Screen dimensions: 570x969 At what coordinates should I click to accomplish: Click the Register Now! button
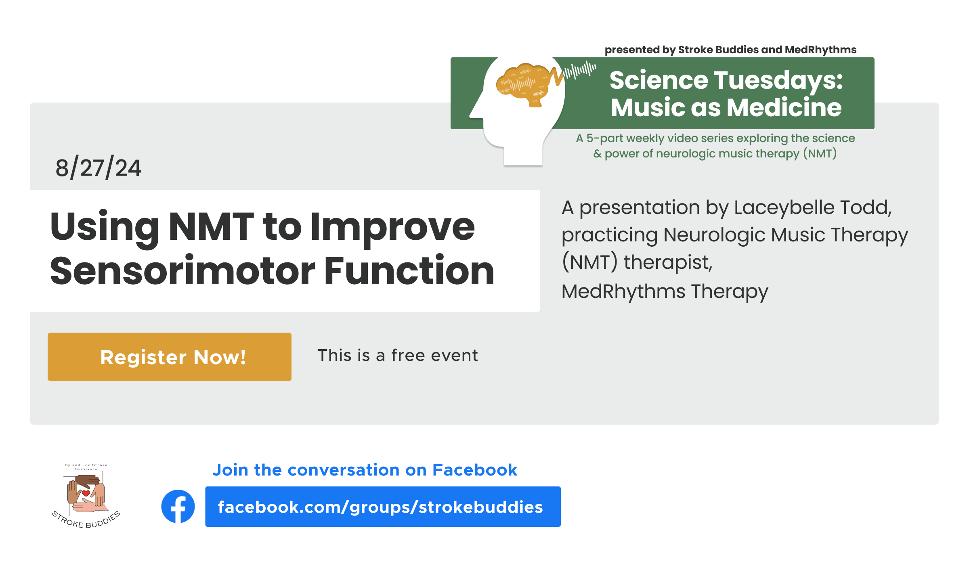coord(170,357)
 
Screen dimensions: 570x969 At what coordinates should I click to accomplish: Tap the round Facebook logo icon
coord(178,506)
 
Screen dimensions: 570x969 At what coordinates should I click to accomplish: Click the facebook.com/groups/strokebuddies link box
coord(382,507)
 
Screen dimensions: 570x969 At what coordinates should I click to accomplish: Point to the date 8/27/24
coord(98,168)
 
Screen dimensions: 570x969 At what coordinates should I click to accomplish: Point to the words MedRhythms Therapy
coord(665,291)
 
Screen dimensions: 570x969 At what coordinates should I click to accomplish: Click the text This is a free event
coord(397,356)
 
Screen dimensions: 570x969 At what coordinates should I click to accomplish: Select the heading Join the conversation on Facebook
coord(365,470)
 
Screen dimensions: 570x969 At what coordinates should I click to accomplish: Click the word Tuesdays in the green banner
coord(775,80)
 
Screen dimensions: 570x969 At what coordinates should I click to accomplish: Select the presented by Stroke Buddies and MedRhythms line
coord(730,50)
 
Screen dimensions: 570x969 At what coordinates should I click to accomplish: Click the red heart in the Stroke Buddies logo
coord(86,493)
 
